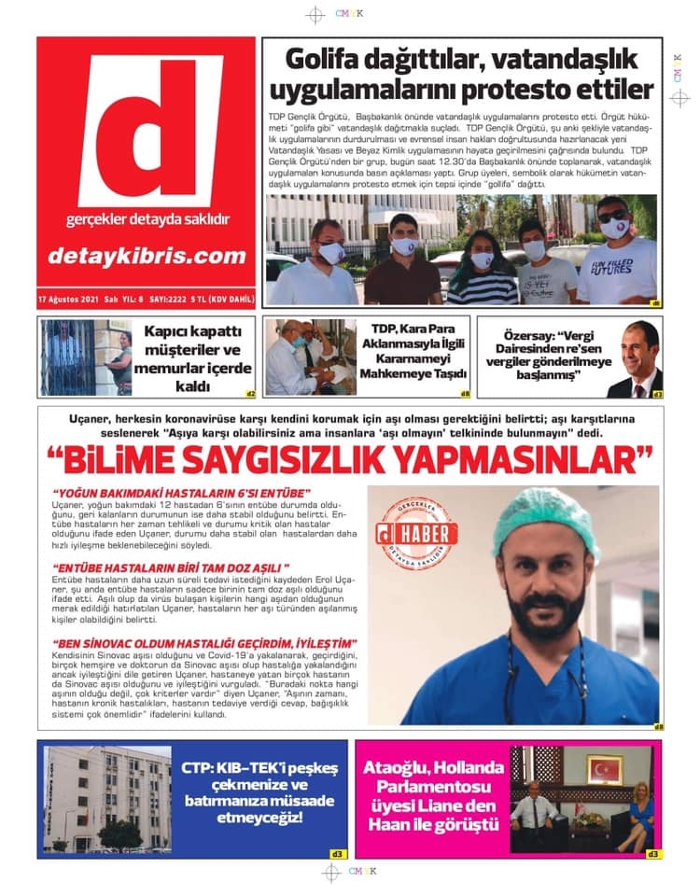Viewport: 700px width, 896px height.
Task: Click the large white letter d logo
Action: pos(149,131)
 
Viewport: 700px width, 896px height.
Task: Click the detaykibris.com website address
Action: pos(146,256)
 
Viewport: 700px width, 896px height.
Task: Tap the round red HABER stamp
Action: pos(417,534)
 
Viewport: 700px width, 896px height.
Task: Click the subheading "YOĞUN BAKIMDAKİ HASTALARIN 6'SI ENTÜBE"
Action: pos(182,492)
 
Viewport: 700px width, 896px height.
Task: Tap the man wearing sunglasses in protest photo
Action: pos(611,252)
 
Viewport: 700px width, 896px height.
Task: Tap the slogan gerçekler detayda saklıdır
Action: pos(147,220)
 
